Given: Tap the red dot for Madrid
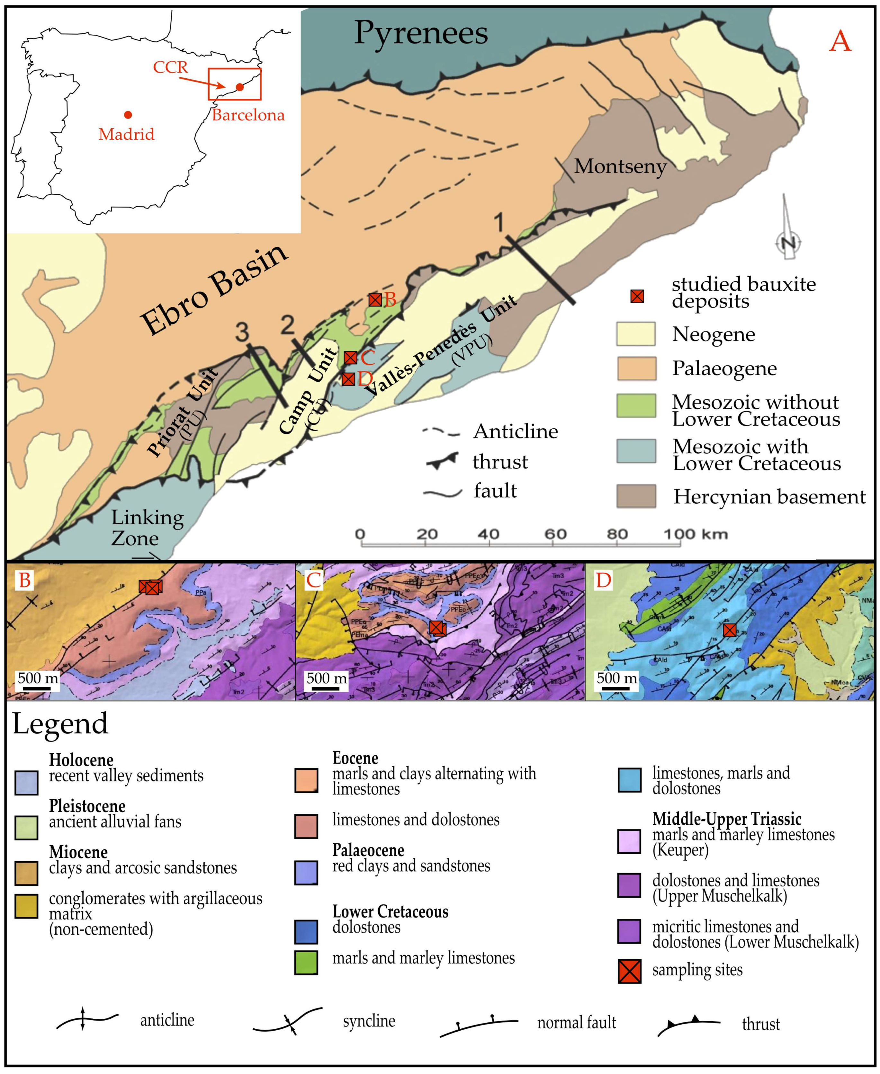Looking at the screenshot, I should point(128,115).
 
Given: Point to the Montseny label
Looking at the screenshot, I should point(620,166).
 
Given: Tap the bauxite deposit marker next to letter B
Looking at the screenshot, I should point(375,300).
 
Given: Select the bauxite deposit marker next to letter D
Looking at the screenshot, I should point(348,379).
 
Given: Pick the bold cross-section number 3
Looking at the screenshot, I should point(242,332).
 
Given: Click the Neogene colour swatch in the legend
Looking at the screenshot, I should point(636,334).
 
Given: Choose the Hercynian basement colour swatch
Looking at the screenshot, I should point(636,496).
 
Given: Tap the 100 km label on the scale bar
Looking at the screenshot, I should point(696,534).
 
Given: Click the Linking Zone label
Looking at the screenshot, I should point(147,528).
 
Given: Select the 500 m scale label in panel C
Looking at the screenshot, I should point(327,678).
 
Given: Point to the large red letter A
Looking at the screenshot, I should point(840,41).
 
